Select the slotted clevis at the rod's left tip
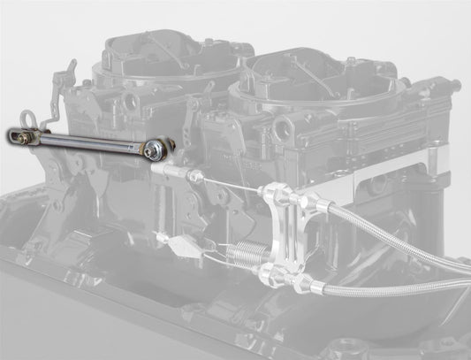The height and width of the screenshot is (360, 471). point(19,135)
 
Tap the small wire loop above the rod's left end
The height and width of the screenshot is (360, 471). point(36,119)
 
